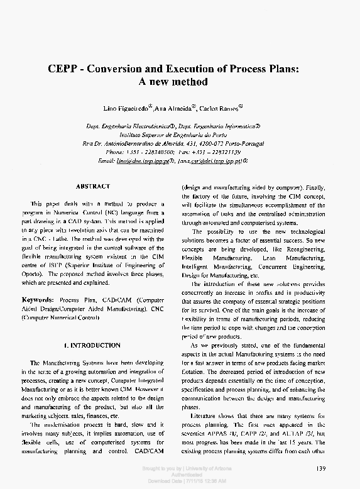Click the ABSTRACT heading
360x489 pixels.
coord(92,186)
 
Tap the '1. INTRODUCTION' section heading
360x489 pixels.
coord(92,345)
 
